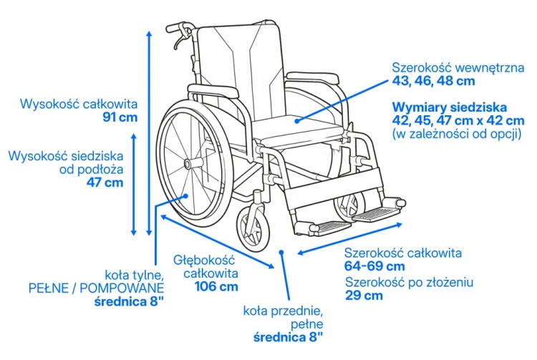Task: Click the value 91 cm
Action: pos(120,117)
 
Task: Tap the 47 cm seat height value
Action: pos(105,183)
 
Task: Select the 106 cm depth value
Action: pos(216,286)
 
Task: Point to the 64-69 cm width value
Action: pos(374,266)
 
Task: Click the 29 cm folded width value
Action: pos(364,296)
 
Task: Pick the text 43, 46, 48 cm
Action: pos(434,81)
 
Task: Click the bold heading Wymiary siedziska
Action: pos(450,107)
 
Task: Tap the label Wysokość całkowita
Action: pos(79,104)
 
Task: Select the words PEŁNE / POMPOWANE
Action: pos(96,288)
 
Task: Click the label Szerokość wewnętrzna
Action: pos(458,68)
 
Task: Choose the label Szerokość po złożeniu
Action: pos(410,282)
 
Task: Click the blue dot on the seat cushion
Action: pos(297,120)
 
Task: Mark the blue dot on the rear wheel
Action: pos(186,196)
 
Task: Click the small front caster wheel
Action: pos(253,228)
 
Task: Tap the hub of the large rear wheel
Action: pos(188,165)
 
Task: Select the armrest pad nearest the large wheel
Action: pos(213,90)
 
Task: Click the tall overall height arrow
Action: pos(149,133)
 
